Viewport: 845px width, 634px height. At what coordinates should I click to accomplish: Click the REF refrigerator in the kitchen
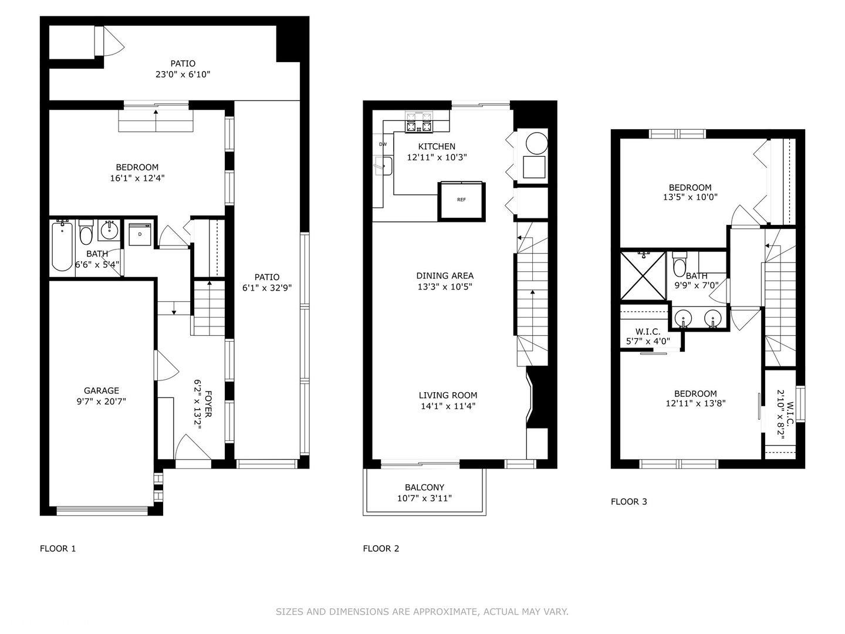click(462, 200)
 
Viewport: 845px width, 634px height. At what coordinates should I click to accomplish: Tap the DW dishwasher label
click(383, 144)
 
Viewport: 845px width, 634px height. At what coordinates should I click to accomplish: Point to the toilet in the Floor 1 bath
click(86, 234)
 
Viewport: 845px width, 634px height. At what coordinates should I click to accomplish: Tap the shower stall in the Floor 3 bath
click(643, 275)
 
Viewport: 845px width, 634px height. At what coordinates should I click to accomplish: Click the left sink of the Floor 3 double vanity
click(683, 319)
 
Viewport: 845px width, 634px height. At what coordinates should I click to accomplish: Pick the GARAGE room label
click(102, 390)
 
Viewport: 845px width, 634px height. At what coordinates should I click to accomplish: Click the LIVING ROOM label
click(448, 395)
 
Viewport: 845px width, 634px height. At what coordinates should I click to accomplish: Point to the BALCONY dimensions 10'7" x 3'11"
click(424, 498)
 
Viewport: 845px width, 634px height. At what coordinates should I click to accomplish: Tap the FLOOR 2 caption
click(381, 548)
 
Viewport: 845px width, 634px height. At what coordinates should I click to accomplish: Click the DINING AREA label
click(445, 275)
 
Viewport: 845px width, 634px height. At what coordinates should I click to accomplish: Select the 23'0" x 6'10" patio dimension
click(183, 75)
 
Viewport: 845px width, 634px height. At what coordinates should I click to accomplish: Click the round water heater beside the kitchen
click(536, 143)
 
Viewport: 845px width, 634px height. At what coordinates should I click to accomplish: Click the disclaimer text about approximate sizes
click(422, 612)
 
